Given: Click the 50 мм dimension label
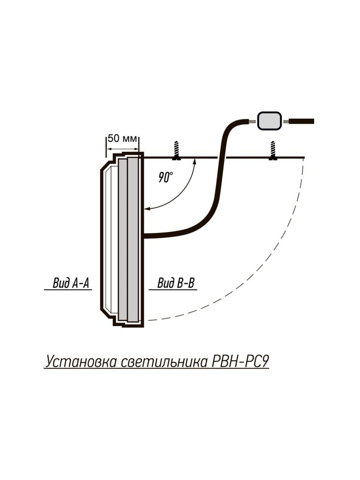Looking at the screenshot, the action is pos(122,139).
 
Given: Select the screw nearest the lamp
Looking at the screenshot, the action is pos(176,151).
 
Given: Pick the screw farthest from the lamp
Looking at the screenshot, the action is pos(273,151).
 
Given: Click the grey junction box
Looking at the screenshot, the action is pos(269,121).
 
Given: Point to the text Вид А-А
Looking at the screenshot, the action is pos(71,283).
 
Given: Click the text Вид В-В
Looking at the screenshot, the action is pos(176,283).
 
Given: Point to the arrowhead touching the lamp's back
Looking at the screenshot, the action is pos(147,209).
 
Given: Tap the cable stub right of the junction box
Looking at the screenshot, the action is pos(302,121).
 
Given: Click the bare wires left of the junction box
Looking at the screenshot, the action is pos(253,121).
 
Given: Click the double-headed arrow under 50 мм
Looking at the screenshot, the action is pos(122,149).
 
